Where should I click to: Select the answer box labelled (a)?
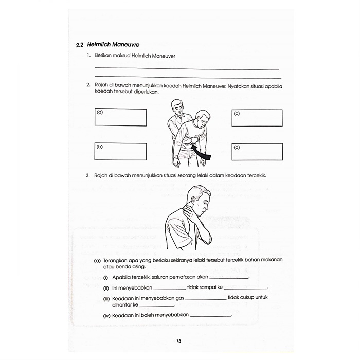[120, 117]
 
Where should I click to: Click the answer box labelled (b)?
[120, 151]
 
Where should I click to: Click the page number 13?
[178, 341]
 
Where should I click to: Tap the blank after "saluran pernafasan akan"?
[229, 278]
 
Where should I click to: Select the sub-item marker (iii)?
[106, 298]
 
